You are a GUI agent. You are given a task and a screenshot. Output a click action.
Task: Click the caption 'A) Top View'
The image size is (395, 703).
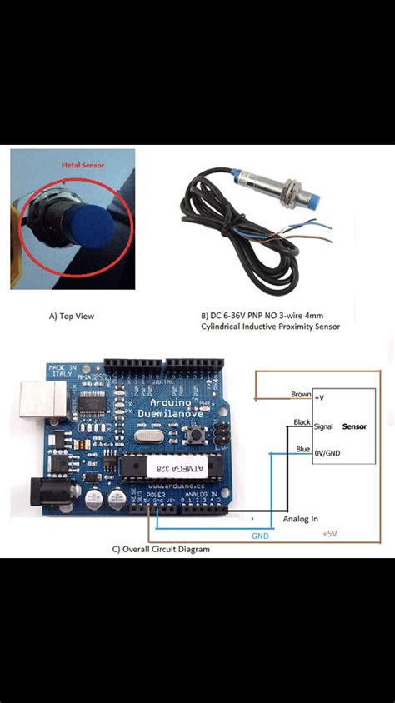tap(71, 317)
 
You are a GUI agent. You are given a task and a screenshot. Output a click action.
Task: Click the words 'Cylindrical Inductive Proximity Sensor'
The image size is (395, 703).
tap(270, 327)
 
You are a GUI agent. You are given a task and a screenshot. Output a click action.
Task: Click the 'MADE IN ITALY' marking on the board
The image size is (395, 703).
tap(62, 371)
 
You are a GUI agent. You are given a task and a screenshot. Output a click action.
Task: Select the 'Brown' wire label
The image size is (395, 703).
tap(301, 394)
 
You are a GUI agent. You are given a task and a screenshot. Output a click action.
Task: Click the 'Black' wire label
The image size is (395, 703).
tap(302, 422)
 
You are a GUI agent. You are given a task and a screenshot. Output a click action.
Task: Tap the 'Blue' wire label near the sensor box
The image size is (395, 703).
tap(303, 450)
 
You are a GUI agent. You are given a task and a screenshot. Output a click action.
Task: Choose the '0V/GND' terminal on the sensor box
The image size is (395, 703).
tap(327, 453)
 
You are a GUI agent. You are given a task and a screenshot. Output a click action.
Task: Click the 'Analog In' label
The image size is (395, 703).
tap(300, 519)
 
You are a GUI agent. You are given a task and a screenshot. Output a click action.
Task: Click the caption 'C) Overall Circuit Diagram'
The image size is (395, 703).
tap(161, 549)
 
